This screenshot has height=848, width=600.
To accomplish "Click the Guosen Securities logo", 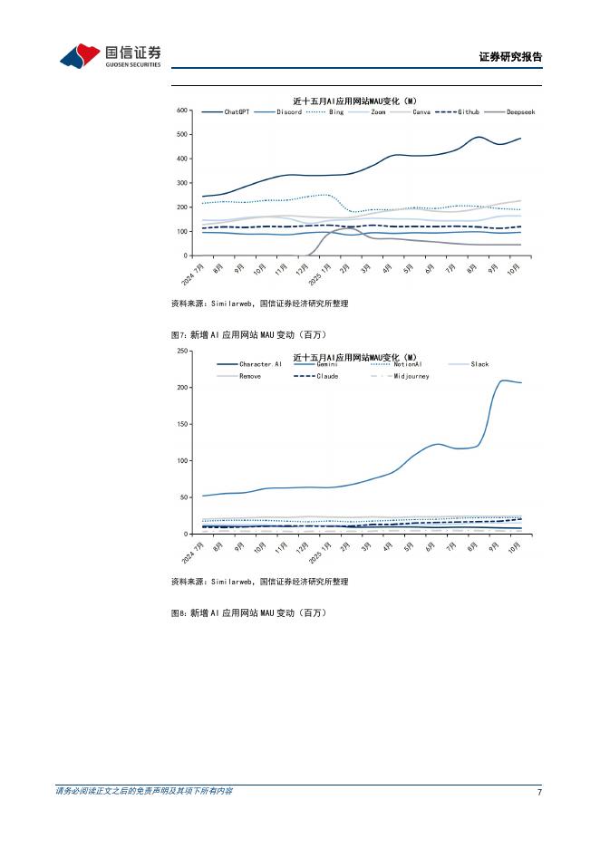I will pos(110,56).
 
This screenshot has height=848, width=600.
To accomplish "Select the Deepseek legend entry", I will pos(508,112).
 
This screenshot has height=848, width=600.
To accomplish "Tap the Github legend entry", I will pos(457,112).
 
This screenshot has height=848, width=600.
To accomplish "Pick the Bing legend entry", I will pos(325,112).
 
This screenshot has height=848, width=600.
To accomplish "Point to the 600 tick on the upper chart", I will pos(181,111).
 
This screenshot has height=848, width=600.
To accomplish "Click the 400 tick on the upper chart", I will pos(181,159).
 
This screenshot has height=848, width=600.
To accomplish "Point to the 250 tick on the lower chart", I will pos(181,351).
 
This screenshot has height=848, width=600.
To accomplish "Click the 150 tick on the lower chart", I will pos(181,424).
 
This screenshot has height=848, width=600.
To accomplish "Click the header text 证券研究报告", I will pos(510,57).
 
